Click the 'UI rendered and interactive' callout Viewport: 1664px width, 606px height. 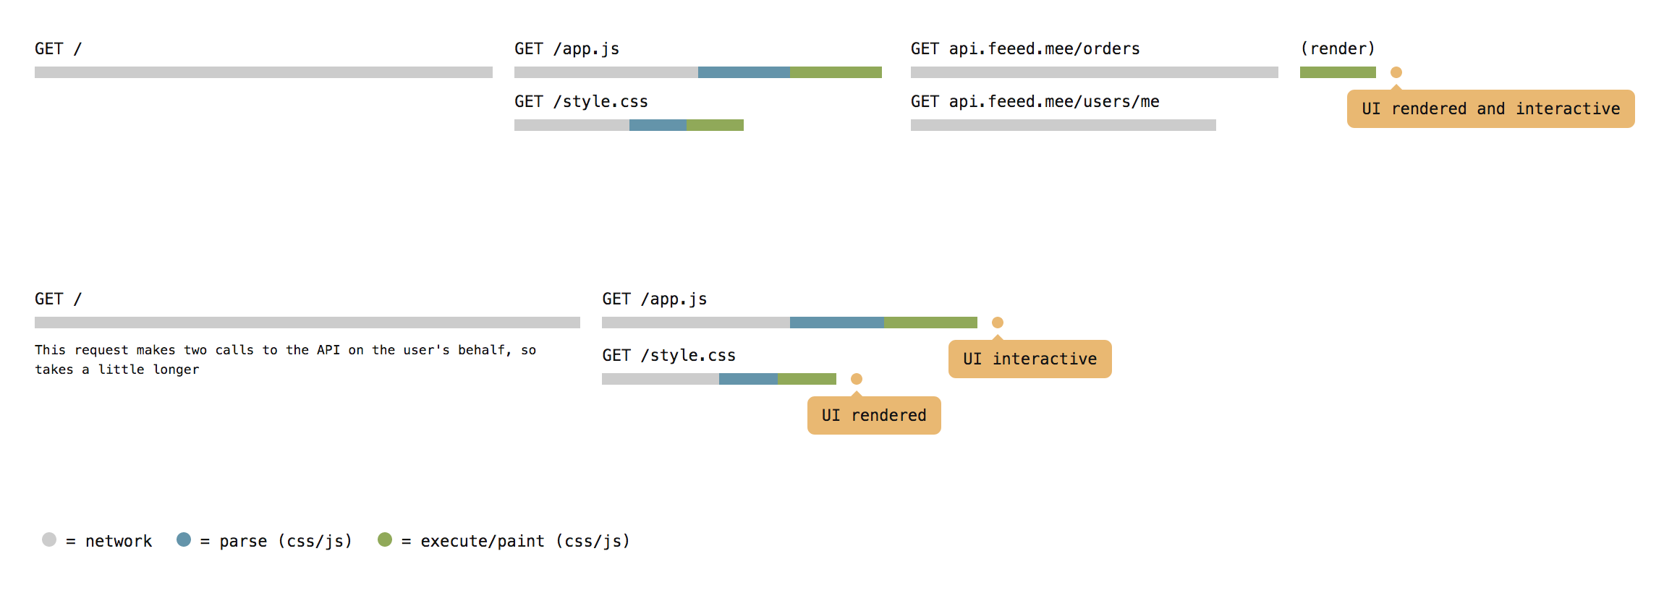coord(1490,108)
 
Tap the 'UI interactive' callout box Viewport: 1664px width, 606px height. coord(1030,359)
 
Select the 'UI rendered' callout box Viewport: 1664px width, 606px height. coord(874,415)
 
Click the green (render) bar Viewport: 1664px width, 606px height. coord(1338,72)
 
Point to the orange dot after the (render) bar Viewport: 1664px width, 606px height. coord(1396,72)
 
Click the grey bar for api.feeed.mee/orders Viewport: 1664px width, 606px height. coord(1095,72)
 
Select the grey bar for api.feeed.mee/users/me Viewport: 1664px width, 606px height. coord(1064,125)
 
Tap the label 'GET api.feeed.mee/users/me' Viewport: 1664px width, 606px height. coord(1035,102)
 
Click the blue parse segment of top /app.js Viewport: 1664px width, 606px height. coord(744,72)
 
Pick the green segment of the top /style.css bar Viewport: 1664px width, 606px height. coord(715,125)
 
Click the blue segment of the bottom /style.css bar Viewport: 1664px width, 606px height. coord(748,379)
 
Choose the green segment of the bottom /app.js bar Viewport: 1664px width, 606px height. coord(930,323)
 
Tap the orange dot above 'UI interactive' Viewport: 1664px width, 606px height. coord(998,323)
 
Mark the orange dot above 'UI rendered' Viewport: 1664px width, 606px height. coord(857,379)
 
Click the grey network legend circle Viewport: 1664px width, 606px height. coord(49,539)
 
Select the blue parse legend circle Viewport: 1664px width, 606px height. coord(184,539)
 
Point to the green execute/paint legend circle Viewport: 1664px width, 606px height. coord(385,539)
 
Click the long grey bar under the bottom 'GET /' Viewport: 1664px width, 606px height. coord(307,323)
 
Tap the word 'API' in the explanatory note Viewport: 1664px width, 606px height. coord(328,350)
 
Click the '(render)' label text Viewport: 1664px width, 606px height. coord(1338,48)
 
